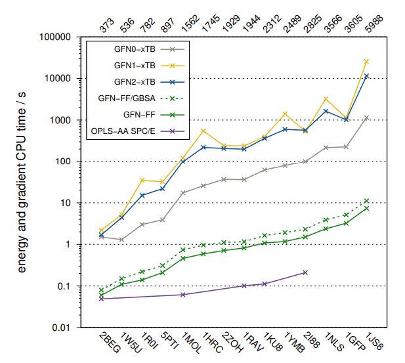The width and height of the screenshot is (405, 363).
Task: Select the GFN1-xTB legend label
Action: [x=135, y=65]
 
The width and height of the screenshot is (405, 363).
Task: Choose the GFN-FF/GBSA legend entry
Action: [x=128, y=99]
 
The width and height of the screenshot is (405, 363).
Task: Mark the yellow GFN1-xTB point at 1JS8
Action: [x=367, y=61]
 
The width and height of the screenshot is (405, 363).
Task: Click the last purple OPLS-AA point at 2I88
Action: [x=305, y=272]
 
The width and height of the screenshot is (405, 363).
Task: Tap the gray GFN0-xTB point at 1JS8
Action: [x=367, y=117]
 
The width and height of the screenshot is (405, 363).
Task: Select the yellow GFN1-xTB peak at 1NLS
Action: [x=326, y=99]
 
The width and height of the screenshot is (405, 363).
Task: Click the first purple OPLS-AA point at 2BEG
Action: [x=101, y=299]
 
